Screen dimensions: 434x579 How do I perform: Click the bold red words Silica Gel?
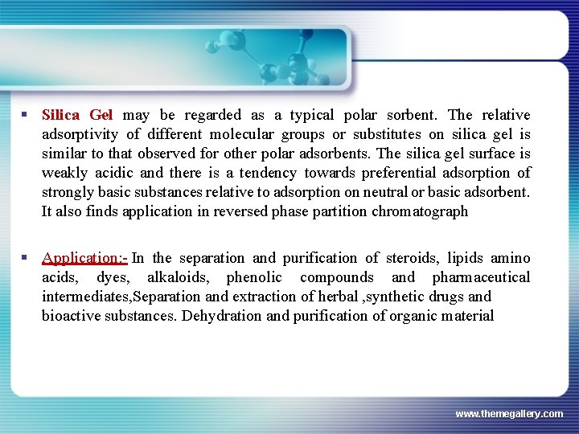[77, 115]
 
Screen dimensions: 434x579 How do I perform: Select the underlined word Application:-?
[84, 258]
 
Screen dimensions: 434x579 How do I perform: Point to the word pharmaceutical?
[481, 277]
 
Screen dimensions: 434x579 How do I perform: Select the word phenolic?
[254, 277]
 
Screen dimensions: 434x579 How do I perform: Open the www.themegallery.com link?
[509, 413]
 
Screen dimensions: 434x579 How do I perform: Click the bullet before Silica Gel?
[27, 115]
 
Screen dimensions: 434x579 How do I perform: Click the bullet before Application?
[27, 258]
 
